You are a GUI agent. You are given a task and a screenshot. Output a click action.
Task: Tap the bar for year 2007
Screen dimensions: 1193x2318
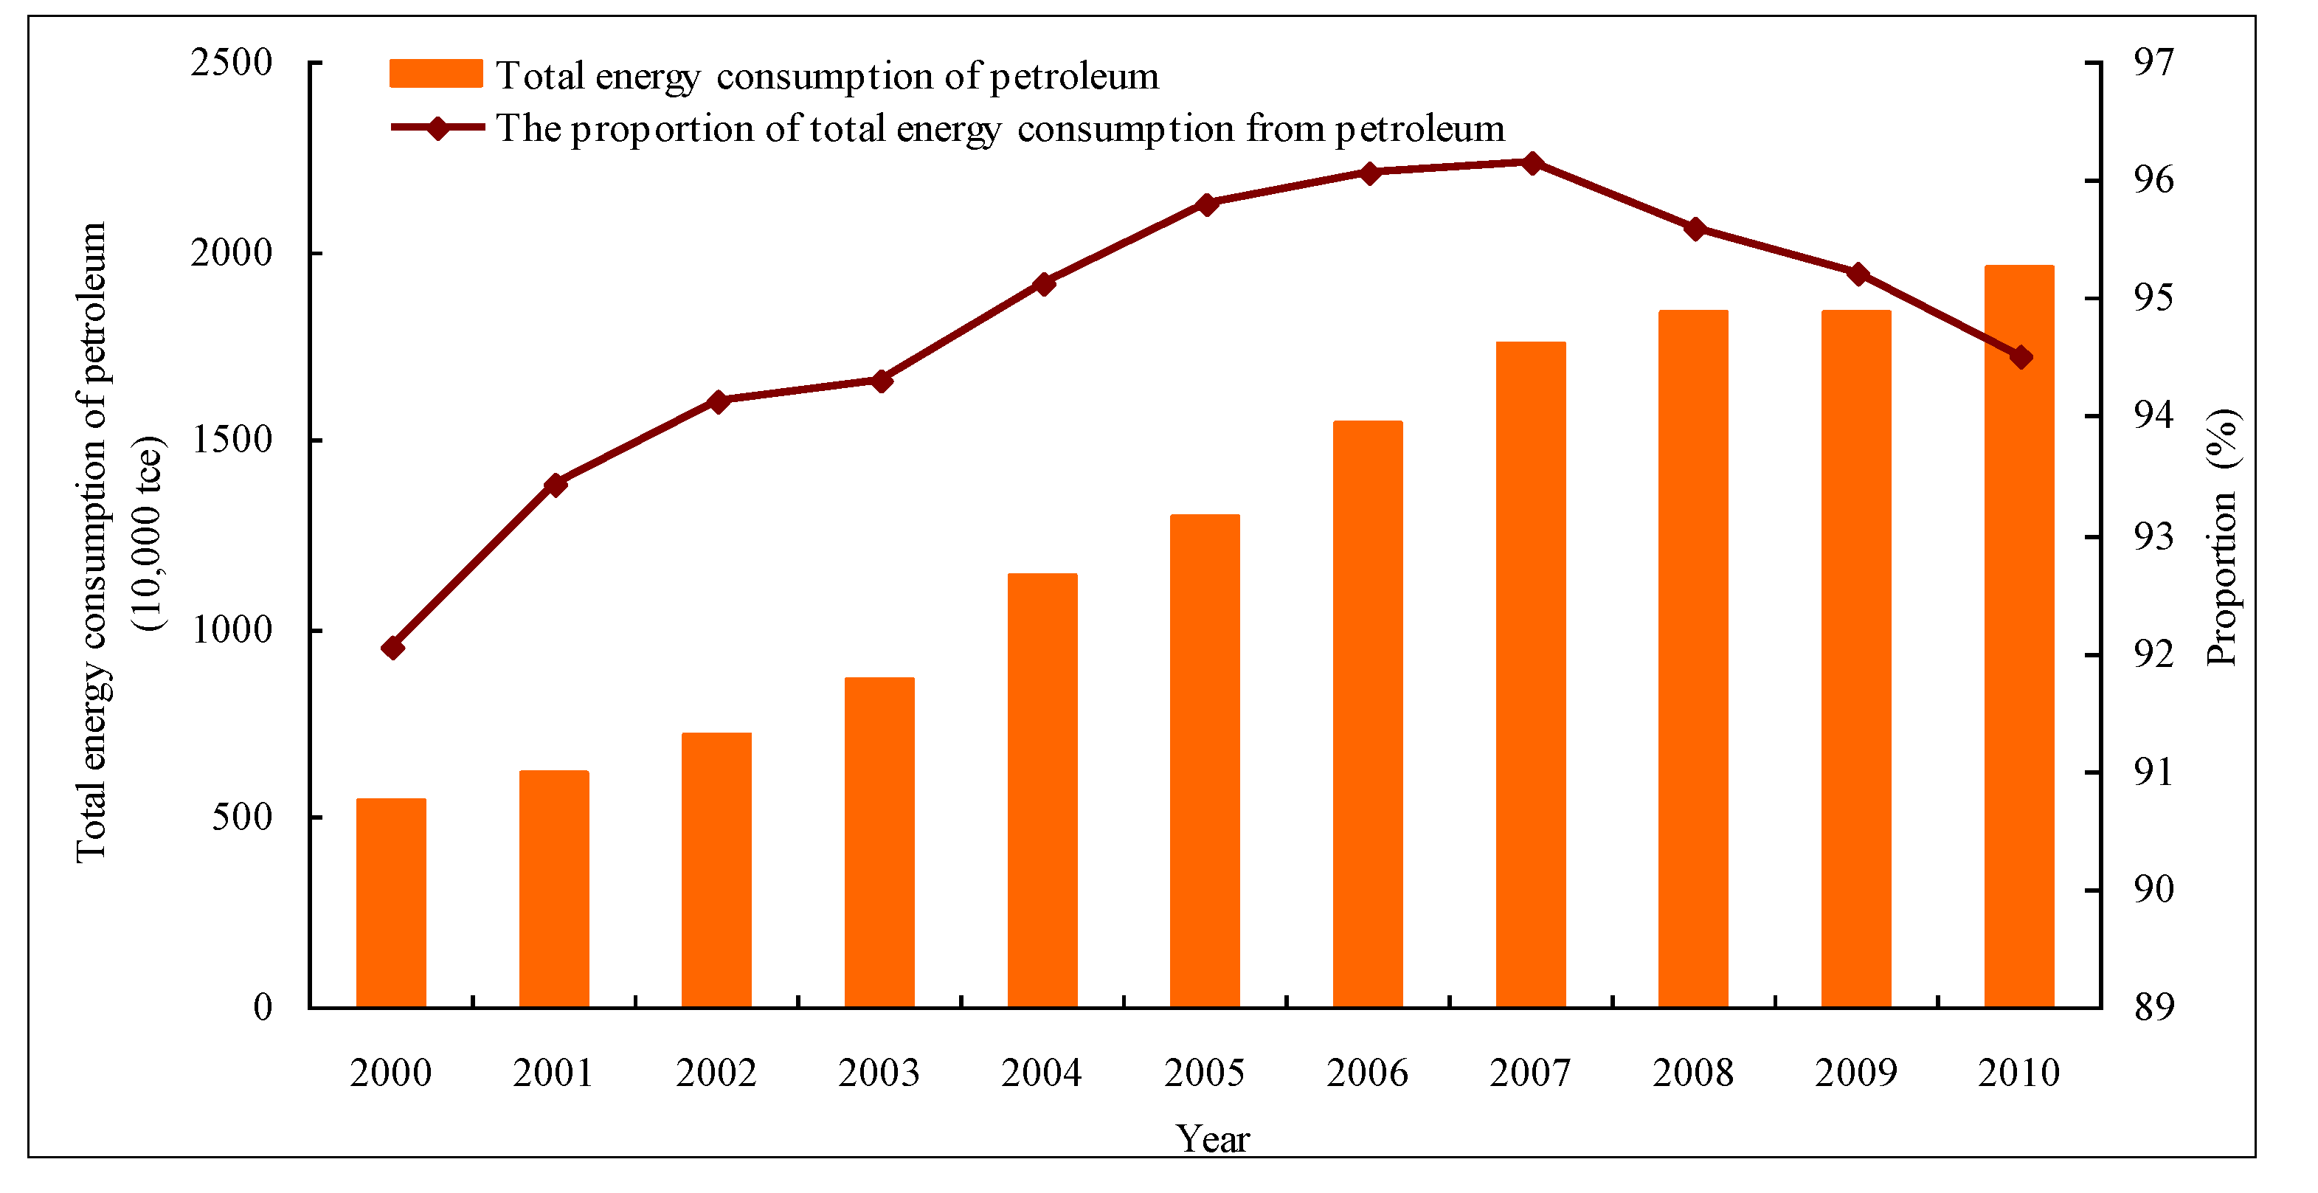tap(1531, 675)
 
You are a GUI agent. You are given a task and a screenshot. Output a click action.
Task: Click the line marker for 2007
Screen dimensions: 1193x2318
tap(1532, 163)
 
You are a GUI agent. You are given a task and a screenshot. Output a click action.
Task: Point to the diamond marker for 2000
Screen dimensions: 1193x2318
tap(392, 648)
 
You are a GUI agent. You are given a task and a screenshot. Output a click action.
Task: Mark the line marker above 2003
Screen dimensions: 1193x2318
tap(882, 381)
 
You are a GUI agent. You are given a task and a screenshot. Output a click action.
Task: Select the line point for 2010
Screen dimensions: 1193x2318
tap(2021, 357)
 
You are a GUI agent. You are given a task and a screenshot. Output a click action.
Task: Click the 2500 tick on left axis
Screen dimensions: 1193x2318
tap(231, 63)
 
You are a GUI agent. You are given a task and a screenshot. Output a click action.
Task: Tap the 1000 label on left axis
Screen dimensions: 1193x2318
tap(231, 630)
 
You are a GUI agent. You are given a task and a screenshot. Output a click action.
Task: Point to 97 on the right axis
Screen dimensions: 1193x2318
tap(2153, 63)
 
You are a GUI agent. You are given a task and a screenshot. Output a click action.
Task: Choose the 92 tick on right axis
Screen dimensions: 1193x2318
tap(2153, 654)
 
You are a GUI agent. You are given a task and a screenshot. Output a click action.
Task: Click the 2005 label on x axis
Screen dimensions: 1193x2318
tap(1204, 1073)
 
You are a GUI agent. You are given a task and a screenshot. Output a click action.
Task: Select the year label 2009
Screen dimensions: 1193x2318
tap(1855, 1073)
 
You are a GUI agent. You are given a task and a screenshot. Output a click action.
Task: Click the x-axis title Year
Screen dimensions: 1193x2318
tap(1212, 1139)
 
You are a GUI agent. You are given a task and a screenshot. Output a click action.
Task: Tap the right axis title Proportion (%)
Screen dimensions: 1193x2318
tap(2221, 537)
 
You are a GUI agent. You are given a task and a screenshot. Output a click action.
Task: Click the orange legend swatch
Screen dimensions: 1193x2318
tap(435, 74)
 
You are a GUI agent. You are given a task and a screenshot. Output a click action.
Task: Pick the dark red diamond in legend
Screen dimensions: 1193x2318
tap(437, 128)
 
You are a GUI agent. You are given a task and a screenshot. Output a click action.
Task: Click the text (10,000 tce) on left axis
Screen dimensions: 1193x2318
tap(148, 534)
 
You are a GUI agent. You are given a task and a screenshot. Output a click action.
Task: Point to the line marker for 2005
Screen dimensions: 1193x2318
tap(1207, 204)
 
